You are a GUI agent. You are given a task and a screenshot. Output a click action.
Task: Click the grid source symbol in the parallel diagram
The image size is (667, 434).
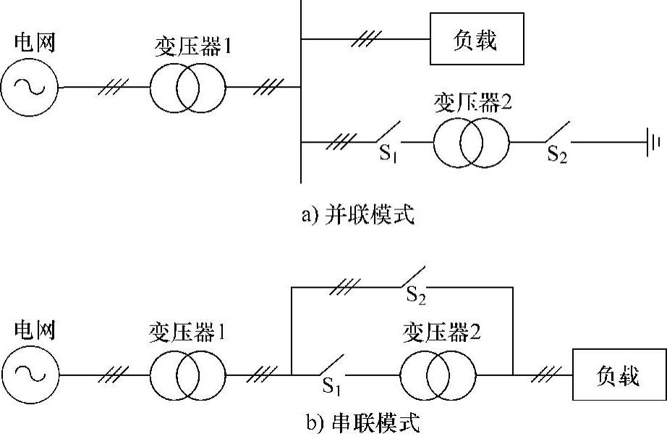click(30, 88)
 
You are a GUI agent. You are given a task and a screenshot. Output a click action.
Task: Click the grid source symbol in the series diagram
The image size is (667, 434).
click(30, 375)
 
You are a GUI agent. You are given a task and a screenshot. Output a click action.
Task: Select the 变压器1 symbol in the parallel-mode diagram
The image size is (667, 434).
click(188, 88)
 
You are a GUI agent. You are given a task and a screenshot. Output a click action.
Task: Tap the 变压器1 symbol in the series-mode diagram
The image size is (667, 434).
click(188, 375)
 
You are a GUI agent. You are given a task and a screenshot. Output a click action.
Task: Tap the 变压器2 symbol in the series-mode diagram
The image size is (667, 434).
click(440, 375)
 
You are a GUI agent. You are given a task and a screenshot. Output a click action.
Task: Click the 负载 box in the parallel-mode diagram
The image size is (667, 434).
click(476, 40)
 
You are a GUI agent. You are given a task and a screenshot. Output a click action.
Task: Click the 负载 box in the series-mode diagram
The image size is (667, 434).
click(619, 375)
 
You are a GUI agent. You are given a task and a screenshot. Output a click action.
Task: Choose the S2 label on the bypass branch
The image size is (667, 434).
click(415, 296)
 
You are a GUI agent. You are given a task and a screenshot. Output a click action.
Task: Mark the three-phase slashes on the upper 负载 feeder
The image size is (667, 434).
click(366, 40)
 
